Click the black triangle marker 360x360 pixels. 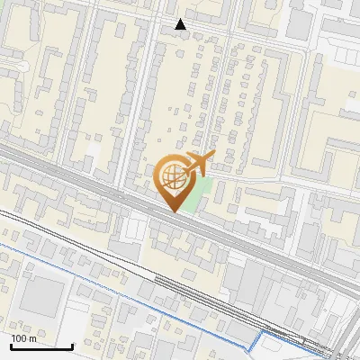point(181,24)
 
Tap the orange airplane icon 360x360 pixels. point(198,164)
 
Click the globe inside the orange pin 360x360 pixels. point(171,177)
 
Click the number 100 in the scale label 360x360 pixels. point(20,338)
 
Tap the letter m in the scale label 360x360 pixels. point(33,338)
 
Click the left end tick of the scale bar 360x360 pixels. point(11,346)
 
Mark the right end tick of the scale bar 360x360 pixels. point(72,346)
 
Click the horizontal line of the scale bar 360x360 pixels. point(41,346)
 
